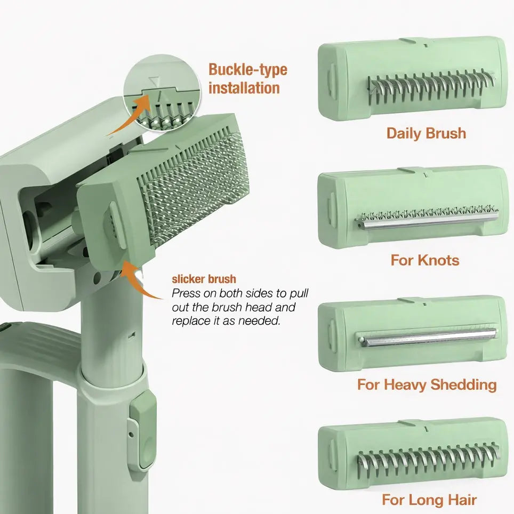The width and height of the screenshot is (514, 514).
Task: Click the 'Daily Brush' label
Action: point(426,133)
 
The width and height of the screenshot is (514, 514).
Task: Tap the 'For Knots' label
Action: point(424,260)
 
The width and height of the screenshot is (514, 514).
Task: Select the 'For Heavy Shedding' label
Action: point(427,384)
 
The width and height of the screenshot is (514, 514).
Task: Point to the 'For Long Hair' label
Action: point(429,500)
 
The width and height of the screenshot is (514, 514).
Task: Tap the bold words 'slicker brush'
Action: point(204,279)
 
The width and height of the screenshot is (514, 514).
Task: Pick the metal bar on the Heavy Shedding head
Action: point(427,337)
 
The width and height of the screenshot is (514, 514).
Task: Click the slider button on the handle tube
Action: point(143,430)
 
